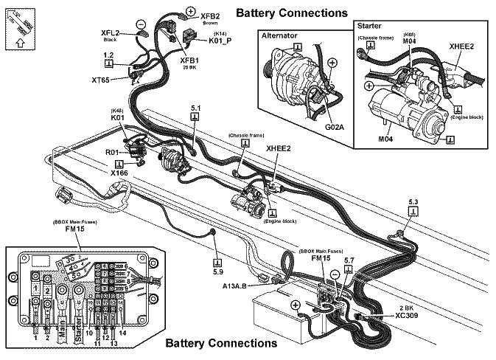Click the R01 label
pos(112,153)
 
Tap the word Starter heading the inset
pos(369,25)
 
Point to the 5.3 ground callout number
pos(413,201)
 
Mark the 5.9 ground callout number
pos(217,271)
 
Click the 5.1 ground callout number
pos(195,108)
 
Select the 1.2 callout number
pos(108,55)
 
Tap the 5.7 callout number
pos(349,260)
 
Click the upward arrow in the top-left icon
pos(18,43)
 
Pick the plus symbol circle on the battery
pos(295,305)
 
